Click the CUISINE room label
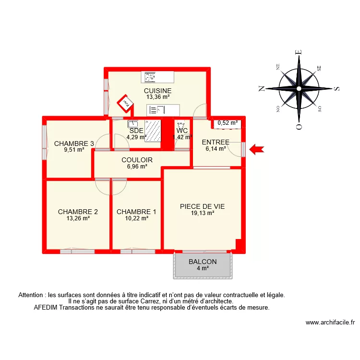[157, 90]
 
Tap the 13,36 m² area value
[158, 96]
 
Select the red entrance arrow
[257, 150]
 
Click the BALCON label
[203, 262]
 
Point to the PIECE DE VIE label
[202, 207]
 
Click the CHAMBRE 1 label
[136, 212]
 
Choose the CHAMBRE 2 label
[78, 212]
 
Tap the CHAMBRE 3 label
[74, 144]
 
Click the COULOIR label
[137, 160]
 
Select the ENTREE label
[216, 142]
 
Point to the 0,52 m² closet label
[228, 123]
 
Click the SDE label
[136, 131]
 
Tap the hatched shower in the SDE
[153, 131]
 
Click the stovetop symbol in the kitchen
[150, 76]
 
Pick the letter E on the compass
[299, 52]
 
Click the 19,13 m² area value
[202, 213]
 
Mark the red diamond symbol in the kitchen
[125, 103]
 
